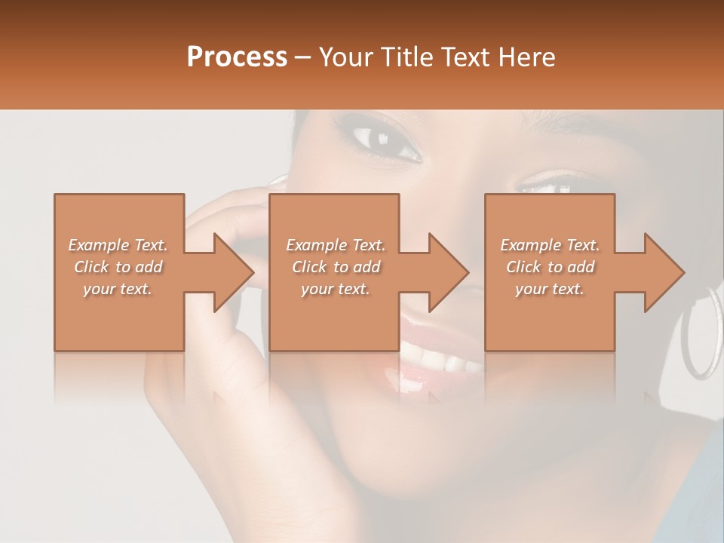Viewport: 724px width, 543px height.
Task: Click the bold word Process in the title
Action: point(237,57)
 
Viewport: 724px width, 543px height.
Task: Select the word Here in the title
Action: point(527,57)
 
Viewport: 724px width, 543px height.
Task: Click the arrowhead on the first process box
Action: point(231,272)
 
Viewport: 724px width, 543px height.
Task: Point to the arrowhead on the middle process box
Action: point(446,272)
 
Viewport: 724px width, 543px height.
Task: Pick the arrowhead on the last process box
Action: point(662,272)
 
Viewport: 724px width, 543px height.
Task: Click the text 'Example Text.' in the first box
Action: point(118,245)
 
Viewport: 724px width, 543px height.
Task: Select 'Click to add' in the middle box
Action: point(336,267)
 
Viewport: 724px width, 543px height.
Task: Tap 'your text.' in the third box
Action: point(549,289)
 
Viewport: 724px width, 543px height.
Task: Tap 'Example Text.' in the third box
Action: point(549,245)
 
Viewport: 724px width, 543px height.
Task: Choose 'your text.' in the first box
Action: point(118,289)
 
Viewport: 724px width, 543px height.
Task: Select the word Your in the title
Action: point(343,57)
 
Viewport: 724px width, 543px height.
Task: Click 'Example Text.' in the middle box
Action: point(336,245)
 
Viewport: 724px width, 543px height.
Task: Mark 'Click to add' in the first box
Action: point(118,267)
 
